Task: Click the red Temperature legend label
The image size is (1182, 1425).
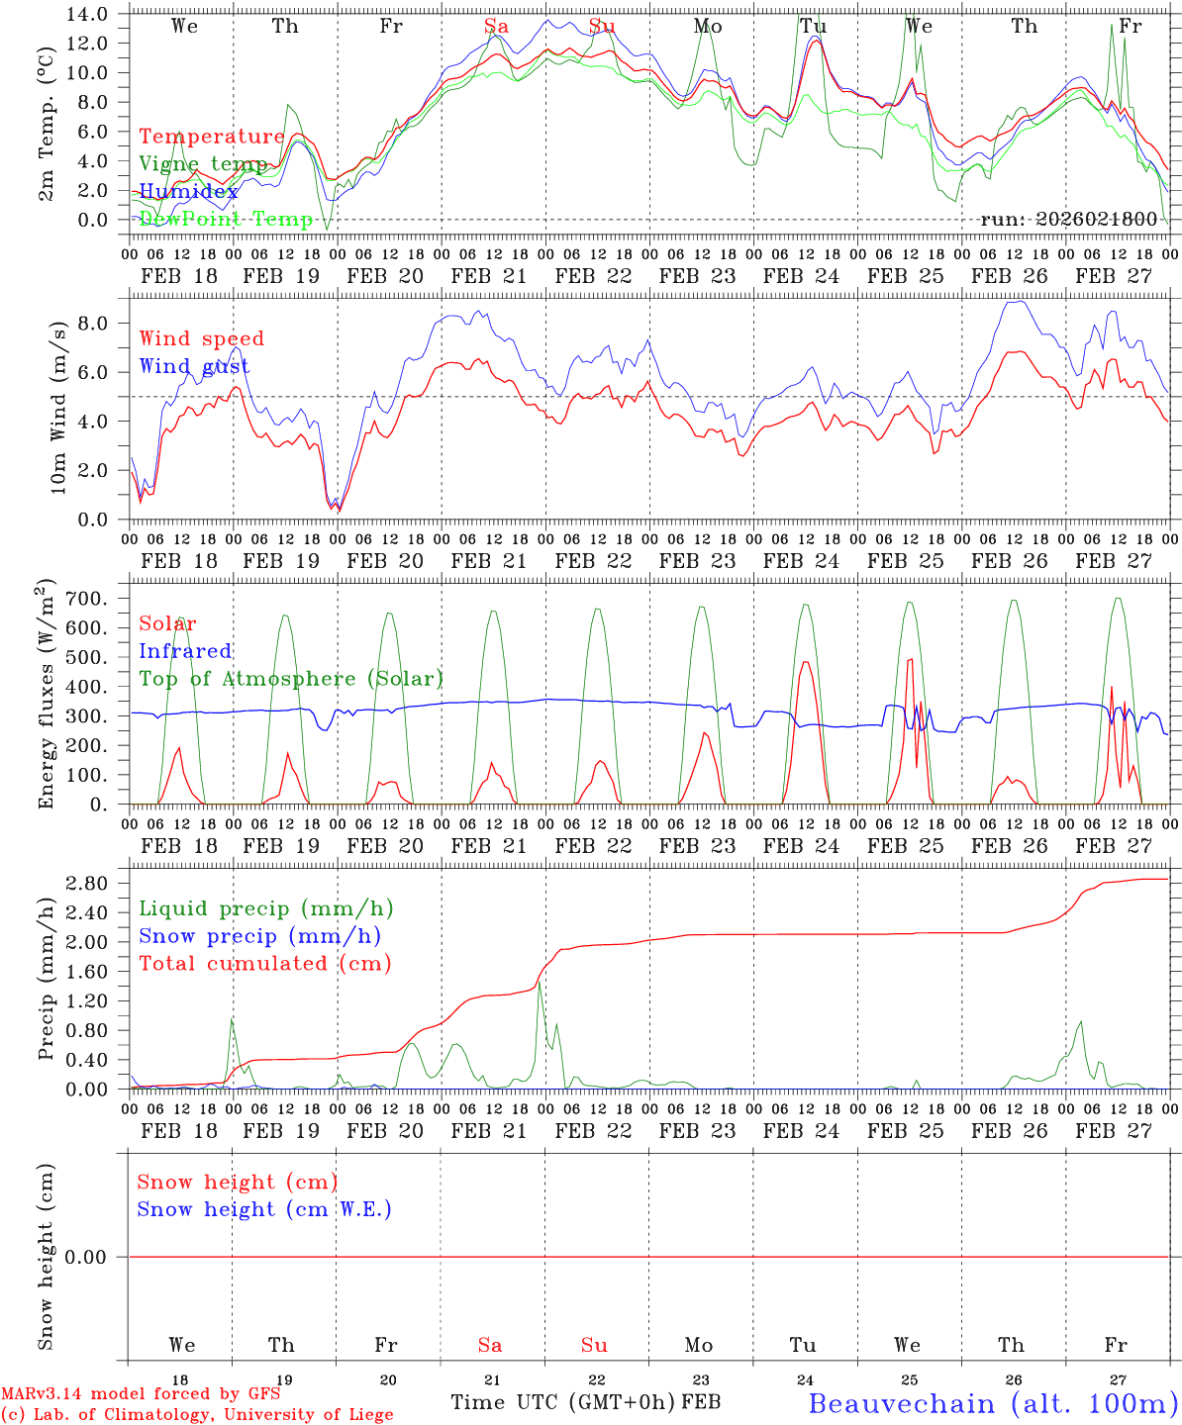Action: (212, 137)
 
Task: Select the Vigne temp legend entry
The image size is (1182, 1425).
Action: (203, 164)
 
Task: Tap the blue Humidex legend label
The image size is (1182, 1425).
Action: (189, 191)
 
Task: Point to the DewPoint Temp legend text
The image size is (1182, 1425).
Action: (226, 219)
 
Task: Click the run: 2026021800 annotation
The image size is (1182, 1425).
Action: (1068, 219)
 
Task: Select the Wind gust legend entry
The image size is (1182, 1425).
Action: (194, 366)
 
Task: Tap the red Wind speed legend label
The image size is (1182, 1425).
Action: (202, 338)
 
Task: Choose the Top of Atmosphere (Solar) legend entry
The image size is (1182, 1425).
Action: (291, 679)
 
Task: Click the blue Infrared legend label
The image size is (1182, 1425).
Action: (185, 651)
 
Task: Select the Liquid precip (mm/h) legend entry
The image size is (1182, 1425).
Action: (266, 908)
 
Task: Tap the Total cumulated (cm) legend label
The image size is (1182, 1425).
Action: (265, 963)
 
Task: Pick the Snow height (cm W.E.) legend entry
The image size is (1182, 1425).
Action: (264, 1209)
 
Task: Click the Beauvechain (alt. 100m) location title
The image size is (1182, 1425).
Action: (992, 1403)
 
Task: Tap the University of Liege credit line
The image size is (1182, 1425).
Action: (197, 1414)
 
